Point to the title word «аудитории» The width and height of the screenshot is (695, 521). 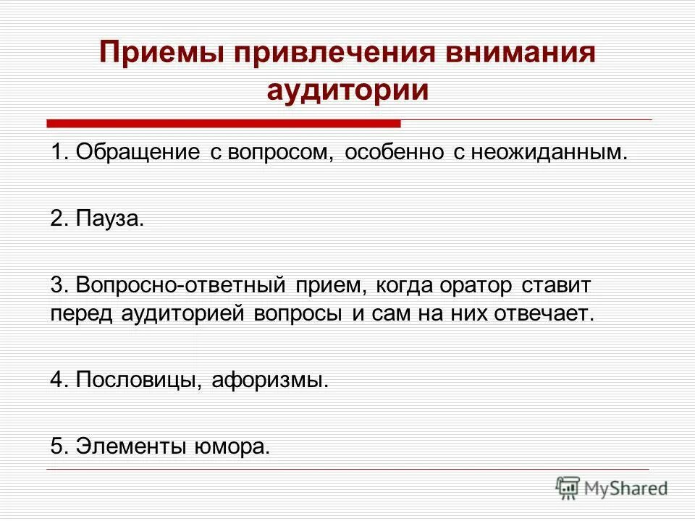point(347,91)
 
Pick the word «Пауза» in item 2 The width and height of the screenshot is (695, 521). point(108,219)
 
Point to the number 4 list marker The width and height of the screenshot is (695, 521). point(57,381)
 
